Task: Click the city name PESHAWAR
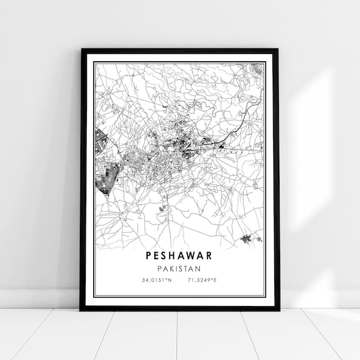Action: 179,255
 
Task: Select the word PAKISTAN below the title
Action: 179,268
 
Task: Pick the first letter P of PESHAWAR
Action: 148,255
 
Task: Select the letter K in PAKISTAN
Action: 171,268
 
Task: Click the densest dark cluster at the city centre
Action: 180,144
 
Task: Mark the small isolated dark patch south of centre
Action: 162,208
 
